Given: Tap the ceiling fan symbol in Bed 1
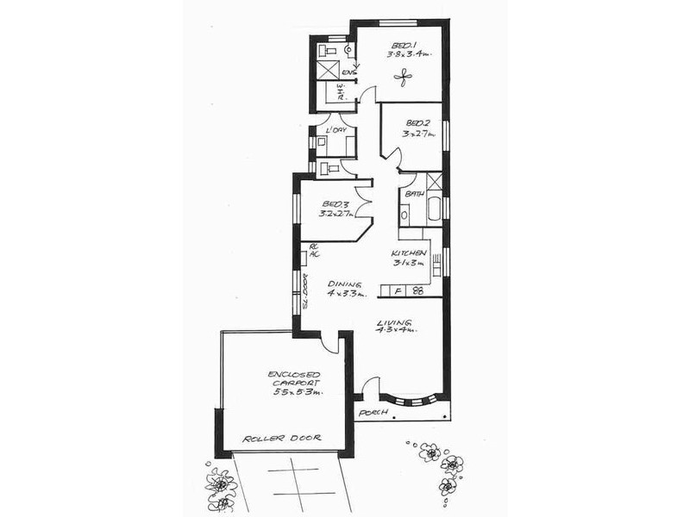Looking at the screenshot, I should (404, 78).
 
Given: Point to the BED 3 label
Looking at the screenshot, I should (329, 205).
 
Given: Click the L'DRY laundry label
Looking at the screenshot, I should (336, 130).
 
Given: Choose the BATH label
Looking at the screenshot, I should (413, 194).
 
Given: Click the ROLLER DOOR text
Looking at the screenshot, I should (281, 438).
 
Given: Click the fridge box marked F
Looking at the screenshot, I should (398, 291).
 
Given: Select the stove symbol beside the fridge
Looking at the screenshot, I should (418, 291).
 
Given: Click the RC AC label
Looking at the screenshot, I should (315, 251).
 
